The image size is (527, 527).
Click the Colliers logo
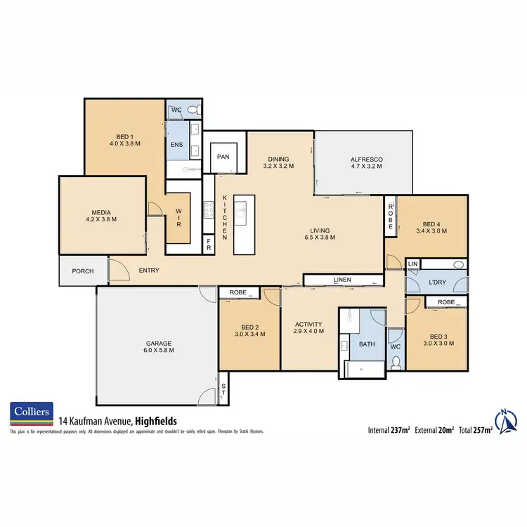(x=31, y=415)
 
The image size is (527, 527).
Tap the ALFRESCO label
(x=365, y=160)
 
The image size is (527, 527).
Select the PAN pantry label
(x=223, y=157)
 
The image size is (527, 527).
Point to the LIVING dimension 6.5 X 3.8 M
(x=320, y=238)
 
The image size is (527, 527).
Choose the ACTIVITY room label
(x=308, y=325)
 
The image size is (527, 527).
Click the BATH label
(x=367, y=345)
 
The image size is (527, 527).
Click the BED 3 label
(x=436, y=336)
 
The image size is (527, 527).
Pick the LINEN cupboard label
(x=342, y=280)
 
